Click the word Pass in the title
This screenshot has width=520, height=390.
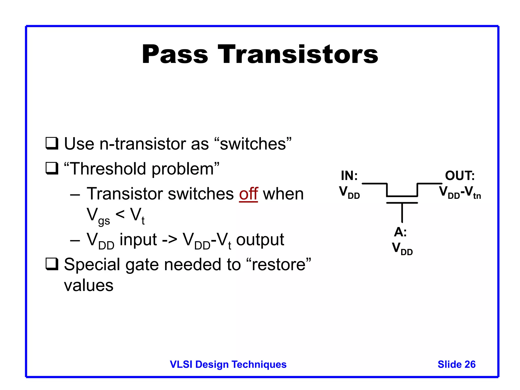(x=175, y=54)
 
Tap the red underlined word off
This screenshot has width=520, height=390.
(x=248, y=194)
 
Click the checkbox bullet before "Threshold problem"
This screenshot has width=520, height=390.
(x=52, y=169)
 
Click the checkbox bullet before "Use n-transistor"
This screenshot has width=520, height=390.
(x=52, y=143)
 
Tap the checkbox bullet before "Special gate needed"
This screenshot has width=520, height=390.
(x=52, y=264)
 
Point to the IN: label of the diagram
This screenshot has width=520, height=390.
(x=349, y=176)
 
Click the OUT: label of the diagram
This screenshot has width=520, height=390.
(x=460, y=176)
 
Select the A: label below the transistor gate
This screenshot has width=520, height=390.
(x=400, y=232)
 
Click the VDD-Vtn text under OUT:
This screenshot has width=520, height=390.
(x=460, y=192)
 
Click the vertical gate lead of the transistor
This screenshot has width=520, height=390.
(x=402, y=213)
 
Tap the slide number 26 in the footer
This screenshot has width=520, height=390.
(x=470, y=364)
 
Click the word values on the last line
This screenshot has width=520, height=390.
(x=89, y=286)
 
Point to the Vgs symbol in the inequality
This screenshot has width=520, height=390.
(x=98, y=216)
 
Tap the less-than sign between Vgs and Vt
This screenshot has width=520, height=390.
(x=120, y=214)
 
